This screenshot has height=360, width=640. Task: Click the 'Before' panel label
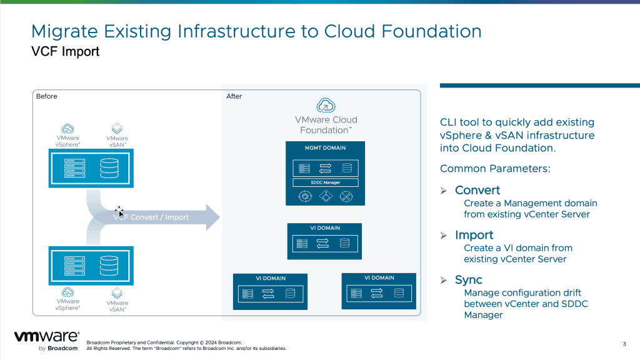[46, 96]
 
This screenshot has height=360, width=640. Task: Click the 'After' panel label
[234, 96]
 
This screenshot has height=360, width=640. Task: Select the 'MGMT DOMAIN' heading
[325, 148]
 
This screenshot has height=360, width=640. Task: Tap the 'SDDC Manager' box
[325, 182]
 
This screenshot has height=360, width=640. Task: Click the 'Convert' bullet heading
[477, 190]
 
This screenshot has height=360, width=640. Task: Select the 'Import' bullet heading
[474, 235]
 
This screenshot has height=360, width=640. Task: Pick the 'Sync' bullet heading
[468, 280]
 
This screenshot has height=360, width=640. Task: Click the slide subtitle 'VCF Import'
[65, 52]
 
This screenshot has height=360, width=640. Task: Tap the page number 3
[624, 344]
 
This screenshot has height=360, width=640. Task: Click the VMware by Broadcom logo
[46, 341]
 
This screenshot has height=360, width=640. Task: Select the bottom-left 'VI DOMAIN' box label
[271, 278]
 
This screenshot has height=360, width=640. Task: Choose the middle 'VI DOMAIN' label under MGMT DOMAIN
[325, 228]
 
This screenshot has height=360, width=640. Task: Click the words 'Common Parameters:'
[495, 169]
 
